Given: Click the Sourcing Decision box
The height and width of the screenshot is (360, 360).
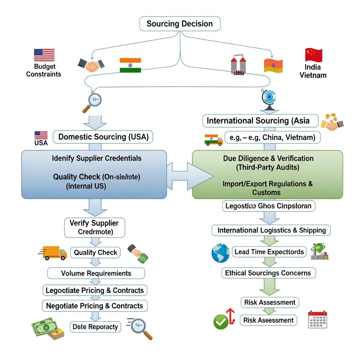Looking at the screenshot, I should click(180, 24).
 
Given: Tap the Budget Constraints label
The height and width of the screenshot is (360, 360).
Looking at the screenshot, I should click(44, 70).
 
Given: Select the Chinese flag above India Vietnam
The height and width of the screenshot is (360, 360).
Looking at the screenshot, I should click(314, 55).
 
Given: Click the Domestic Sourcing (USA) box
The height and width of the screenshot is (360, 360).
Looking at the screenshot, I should click(103, 137).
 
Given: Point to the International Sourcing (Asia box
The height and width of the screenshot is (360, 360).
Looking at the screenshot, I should click(260, 121).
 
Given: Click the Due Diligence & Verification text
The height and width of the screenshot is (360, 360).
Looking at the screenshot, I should click(268, 159).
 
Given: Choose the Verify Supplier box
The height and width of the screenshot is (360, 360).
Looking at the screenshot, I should click(94, 227).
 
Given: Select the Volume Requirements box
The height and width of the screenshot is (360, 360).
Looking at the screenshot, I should click(96, 273).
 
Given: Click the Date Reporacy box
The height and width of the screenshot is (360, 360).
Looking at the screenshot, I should click(95, 327).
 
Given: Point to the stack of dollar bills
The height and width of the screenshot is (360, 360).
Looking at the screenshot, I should click(48, 328).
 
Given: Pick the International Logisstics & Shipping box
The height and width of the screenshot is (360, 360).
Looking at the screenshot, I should click(271, 230).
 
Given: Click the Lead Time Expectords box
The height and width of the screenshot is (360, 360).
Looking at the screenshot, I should click(269, 252).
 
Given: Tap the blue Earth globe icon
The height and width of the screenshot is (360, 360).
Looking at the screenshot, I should click(220, 253).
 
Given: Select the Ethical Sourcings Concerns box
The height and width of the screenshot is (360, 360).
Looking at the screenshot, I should click(268, 273).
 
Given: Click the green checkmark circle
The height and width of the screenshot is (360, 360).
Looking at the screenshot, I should click(221, 322).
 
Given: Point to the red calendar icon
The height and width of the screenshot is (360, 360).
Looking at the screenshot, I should click(317, 319).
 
